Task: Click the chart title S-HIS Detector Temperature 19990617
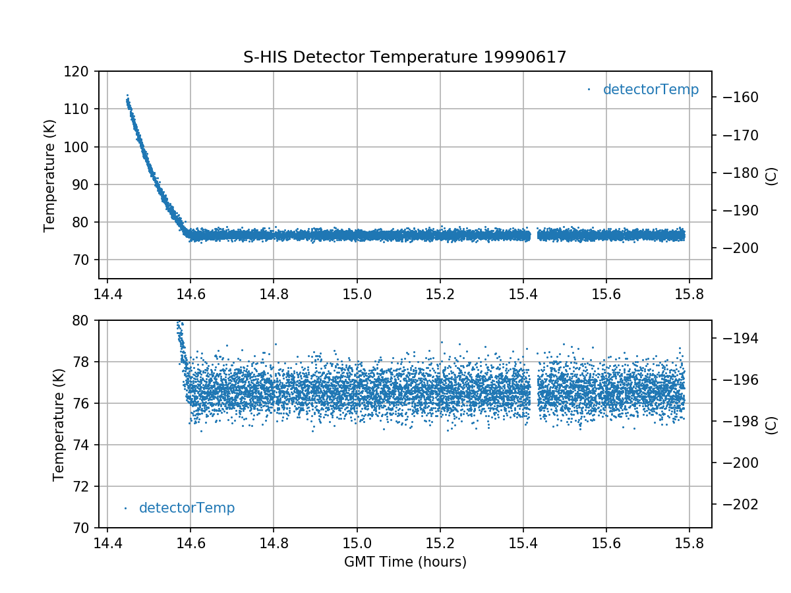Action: pos(405,57)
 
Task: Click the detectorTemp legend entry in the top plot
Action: pos(650,90)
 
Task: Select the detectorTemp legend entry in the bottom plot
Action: pos(187,508)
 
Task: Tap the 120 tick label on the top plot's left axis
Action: pos(79,71)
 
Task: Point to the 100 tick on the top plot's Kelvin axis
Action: pos(79,147)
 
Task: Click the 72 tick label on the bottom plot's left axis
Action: pos(82,486)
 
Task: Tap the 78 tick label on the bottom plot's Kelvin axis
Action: pos(82,362)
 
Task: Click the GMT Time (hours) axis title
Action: pos(405,562)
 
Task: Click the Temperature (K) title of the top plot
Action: pos(50,175)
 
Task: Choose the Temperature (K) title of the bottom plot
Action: pos(59,424)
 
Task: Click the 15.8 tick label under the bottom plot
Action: pos(689,544)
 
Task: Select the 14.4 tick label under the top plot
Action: pos(107,295)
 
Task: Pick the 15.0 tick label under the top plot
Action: pos(357,295)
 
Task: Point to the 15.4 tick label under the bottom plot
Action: pos(523,544)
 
